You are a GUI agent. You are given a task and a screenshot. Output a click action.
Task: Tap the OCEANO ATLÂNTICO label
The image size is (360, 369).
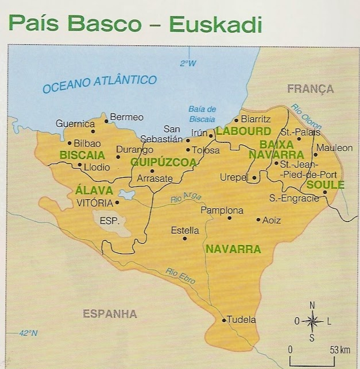100,83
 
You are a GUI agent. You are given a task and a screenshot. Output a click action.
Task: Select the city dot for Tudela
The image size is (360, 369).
224,320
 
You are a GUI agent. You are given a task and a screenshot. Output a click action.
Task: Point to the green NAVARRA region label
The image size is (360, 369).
233,249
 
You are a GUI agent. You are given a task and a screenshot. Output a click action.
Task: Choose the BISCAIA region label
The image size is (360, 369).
82,155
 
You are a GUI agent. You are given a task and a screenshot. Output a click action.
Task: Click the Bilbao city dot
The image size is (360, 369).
69,143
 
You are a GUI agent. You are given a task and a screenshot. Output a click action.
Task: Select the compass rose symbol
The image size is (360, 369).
312,321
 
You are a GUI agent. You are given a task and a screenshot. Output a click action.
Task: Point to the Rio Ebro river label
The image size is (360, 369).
180,277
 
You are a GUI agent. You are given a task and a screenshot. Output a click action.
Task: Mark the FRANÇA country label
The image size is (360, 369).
310,88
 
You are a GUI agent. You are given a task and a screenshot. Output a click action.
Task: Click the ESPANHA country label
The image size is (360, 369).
110,314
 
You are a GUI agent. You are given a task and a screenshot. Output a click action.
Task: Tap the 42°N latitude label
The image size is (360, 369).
28,333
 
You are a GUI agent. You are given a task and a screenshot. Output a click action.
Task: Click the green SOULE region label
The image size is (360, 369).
325,185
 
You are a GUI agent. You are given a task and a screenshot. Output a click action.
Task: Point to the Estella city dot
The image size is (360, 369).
184,238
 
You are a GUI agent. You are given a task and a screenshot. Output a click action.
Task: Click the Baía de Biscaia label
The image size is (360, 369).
202,114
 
